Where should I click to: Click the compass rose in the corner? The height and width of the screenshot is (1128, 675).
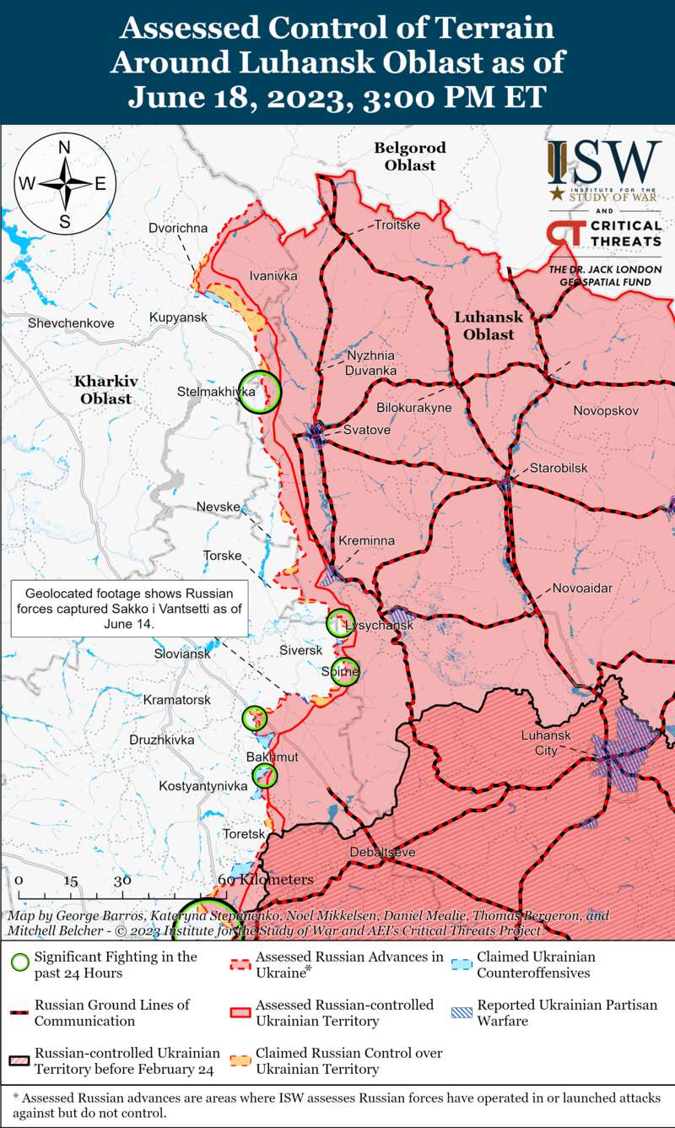click(65, 182)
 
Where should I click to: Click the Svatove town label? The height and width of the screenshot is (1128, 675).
click(366, 431)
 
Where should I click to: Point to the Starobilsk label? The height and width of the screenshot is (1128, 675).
click(558, 469)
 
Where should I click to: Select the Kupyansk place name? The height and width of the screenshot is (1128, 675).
click(178, 317)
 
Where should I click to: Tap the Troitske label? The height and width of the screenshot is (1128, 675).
click(397, 225)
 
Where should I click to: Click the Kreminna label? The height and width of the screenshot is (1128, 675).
click(366, 540)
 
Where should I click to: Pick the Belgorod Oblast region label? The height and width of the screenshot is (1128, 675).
click(410, 156)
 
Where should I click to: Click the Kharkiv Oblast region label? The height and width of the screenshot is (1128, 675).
click(105, 389)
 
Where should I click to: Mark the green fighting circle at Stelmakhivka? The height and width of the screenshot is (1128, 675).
click(258, 392)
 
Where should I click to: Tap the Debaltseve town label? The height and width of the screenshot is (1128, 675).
click(382, 853)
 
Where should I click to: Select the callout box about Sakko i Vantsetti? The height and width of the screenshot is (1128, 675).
click(129, 608)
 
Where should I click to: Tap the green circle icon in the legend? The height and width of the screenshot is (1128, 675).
click(20, 963)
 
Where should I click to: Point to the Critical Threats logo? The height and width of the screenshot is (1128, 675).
click(604, 233)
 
